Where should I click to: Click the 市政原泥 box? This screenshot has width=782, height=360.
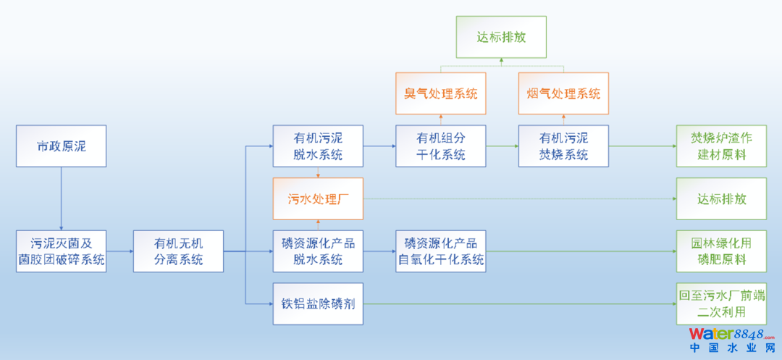(x=61, y=146)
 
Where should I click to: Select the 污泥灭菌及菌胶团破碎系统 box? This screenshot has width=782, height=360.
(x=61, y=251)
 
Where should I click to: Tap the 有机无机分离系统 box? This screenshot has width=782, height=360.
(x=178, y=251)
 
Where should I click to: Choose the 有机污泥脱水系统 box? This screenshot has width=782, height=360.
(x=318, y=146)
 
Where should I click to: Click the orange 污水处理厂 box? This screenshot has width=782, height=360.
(x=318, y=198)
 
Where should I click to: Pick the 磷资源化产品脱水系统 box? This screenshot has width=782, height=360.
(x=318, y=251)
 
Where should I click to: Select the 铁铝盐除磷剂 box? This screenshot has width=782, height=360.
(x=318, y=303)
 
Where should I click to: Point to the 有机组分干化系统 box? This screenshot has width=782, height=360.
(x=440, y=146)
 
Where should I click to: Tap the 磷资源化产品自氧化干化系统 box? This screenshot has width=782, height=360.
(x=440, y=251)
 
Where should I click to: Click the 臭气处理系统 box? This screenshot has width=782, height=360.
(x=440, y=93)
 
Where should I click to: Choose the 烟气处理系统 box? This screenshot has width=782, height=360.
(x=563, y=93)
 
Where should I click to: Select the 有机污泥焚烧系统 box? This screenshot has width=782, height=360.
(x=563, y=146)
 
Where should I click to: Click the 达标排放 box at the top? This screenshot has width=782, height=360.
(x=502, y=37)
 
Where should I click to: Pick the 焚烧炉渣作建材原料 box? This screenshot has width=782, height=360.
(x=721, y=146)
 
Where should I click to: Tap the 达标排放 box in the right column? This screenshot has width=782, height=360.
(x=721, y=198)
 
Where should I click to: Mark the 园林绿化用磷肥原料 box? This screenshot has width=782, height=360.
(x=721, y=251)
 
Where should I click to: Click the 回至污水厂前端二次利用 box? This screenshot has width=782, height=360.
(x=721, y=303)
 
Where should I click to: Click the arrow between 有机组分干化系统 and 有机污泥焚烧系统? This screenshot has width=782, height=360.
(x=502, y=146)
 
